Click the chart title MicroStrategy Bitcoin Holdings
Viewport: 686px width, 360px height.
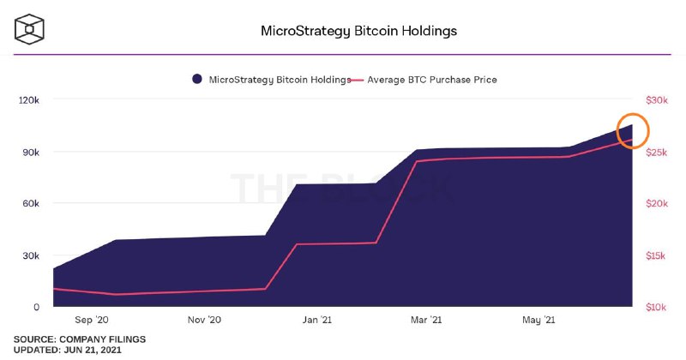(358, 31)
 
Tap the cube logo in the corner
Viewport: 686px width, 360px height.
(29, 29)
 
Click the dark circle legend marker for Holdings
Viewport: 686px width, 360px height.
(197, 79)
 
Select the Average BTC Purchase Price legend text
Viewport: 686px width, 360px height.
(432, 80)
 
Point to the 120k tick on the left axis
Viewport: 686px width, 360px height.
(29, 100)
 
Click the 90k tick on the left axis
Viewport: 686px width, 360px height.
(31, 153)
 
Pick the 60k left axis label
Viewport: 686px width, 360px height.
(31, 203)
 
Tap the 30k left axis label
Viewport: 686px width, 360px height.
(31, 255)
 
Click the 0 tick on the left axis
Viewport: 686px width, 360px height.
(37, 307)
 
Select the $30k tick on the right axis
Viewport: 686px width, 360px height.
(657, 100)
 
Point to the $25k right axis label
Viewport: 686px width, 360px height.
(657, 153)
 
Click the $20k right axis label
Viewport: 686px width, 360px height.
(657, 203)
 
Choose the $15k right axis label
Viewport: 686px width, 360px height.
(655, 255)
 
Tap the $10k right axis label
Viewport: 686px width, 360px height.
(656, 307)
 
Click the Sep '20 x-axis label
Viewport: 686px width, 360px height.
(92, 320)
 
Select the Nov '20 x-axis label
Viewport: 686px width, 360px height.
(204, 320)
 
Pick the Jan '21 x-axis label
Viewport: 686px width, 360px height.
(317, 320)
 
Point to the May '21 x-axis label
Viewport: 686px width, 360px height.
(539, 320)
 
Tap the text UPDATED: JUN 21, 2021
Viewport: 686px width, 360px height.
(68, 350)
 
